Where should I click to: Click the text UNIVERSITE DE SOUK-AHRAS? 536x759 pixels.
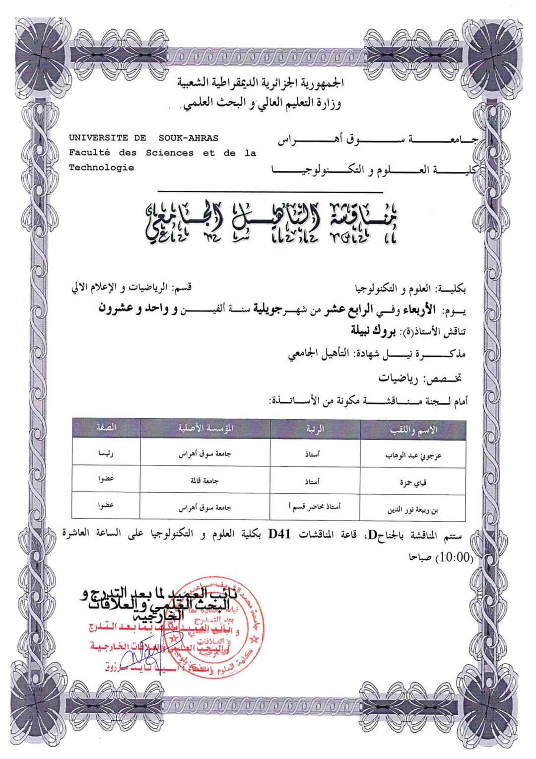pos(143,138)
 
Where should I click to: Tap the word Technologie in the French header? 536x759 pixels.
pos(101,168)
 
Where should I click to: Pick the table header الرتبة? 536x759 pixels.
pos(315,429)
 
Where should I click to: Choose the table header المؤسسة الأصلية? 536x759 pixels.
pos(205,428)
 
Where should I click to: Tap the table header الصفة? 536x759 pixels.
pos(106,427)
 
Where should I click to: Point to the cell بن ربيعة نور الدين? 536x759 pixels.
pos(412,510)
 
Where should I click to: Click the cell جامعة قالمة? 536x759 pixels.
pos(205,481)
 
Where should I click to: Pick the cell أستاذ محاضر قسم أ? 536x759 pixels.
pos(315,507)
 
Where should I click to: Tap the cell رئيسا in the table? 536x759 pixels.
pos(106,453)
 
